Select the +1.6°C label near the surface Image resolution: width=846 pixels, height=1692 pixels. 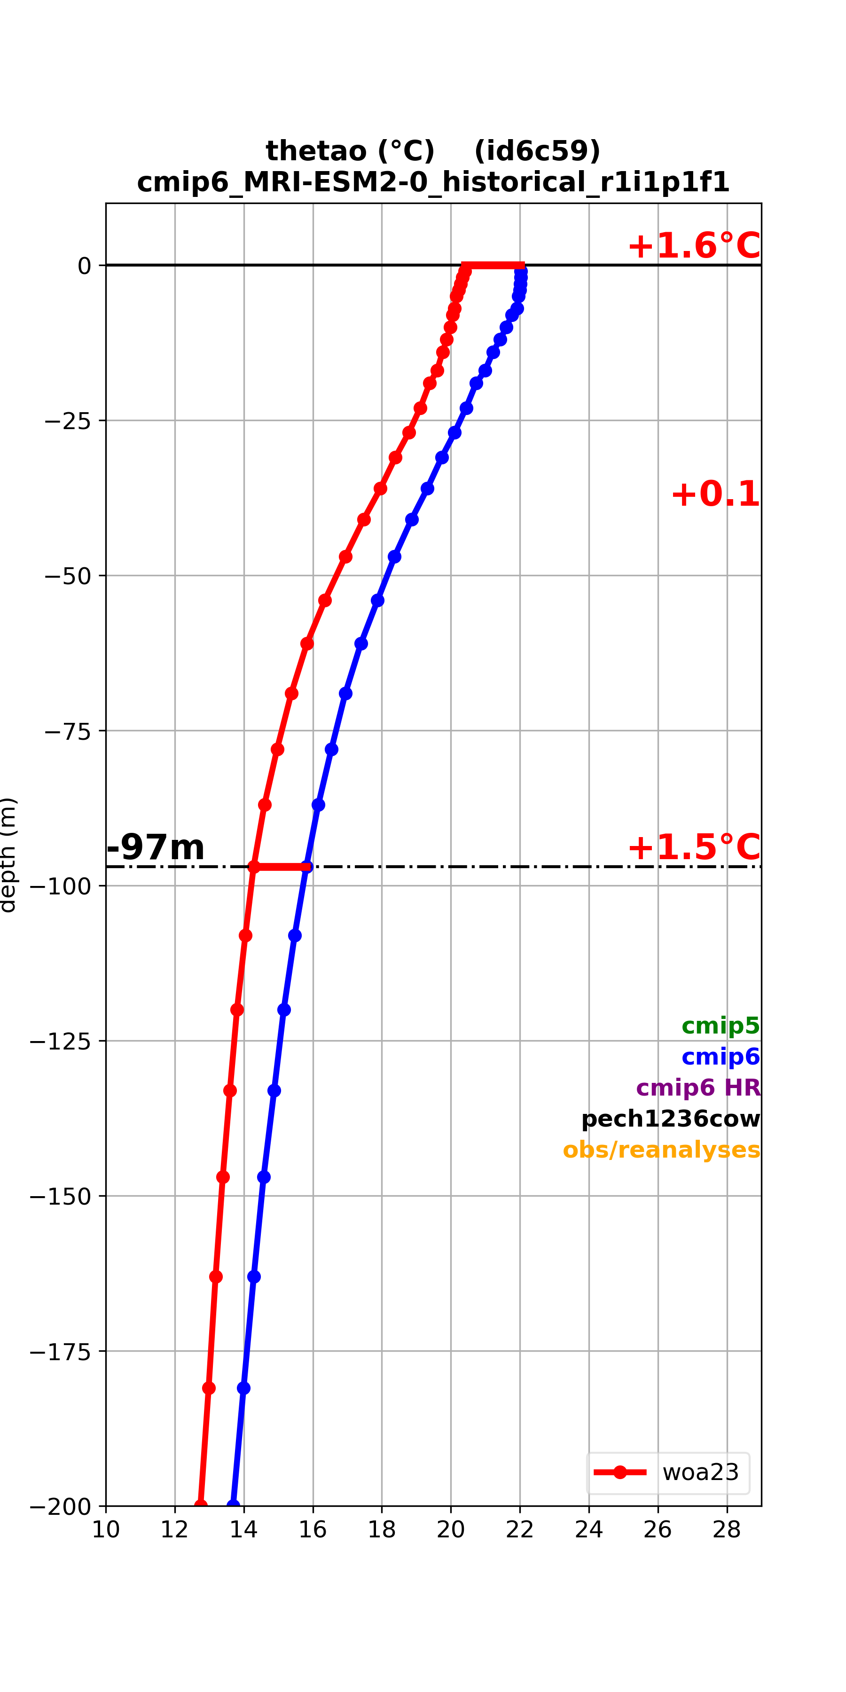tap(694, 246)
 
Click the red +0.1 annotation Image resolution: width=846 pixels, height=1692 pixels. tap(715, 494)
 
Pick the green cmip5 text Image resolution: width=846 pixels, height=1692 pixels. tap(721, 1026)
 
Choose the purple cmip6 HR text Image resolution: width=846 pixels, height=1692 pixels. tap(698, 1088)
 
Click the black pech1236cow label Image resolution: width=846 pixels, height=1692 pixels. tap(671, 1119)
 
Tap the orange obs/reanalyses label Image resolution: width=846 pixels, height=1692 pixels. tap(661, 1150)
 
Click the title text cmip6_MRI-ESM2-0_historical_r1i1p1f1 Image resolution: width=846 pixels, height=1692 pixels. tap(433, 182)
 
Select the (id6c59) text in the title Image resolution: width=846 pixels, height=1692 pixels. tap(537, 151)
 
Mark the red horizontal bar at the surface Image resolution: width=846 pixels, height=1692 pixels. tap(493, 266)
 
